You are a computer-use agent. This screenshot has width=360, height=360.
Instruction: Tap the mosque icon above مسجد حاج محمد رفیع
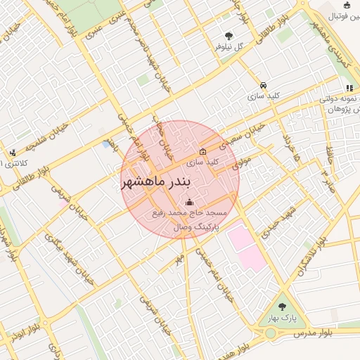pyautogui.click(x=186, y=204)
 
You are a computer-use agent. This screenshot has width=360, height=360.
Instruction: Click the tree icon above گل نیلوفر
pyautogui.click(x=229, y=37)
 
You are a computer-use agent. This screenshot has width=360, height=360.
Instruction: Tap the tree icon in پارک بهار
pyautogui.click(x=282, y=307)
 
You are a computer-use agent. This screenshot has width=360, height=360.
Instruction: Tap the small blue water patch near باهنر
pyautogui.click(x=106, y=144)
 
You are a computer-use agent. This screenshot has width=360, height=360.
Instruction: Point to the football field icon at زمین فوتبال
pyautogui.click(x=347, y=6)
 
